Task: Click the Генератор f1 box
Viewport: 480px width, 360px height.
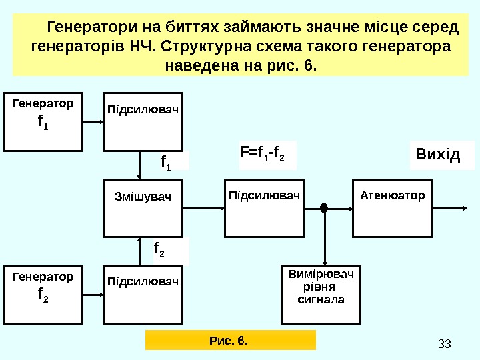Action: (43, 122)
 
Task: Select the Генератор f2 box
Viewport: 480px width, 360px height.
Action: (43, 295)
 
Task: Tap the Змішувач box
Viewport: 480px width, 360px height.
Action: (143, 207)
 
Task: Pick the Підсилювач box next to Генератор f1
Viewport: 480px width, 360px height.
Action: (143, 122)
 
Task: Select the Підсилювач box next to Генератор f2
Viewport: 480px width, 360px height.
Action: (143, 295)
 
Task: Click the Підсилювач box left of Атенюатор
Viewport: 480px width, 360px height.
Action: (265, 207)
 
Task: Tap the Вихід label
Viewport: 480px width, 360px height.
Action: (438, 155)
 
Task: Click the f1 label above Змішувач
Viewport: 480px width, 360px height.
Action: (166, 161)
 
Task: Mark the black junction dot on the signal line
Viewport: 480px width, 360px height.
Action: (325, 208)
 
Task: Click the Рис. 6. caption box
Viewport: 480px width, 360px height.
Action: (230, 341)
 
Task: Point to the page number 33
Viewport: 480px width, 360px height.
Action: (445, 344)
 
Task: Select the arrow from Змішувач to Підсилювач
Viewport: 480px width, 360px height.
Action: (203, 208)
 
